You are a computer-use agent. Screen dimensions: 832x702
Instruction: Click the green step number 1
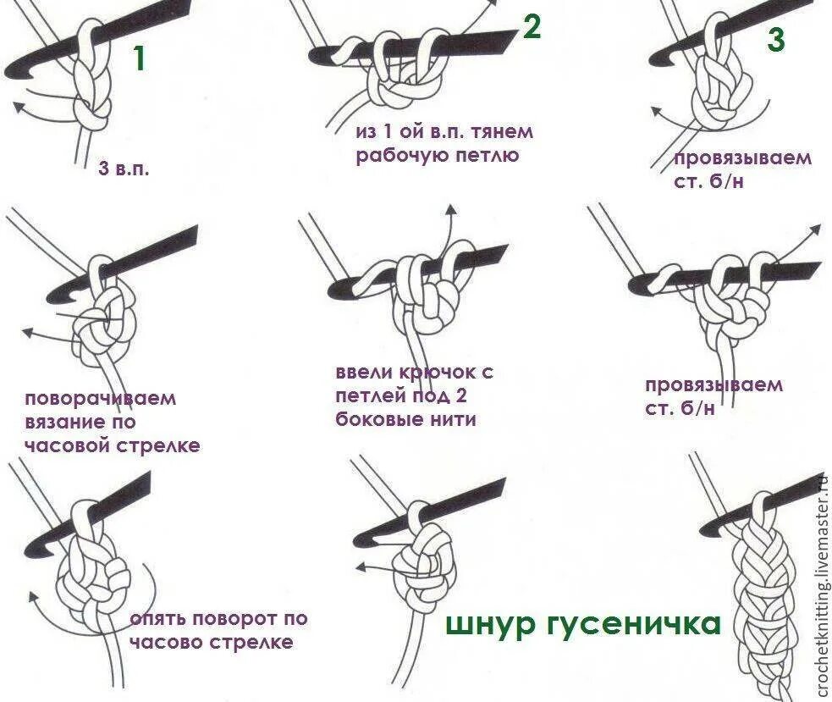(139, 58)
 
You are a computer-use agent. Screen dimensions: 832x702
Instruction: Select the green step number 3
(776, 39)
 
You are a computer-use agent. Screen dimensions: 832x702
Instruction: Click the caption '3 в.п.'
(124, 169)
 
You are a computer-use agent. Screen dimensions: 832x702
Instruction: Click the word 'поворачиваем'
(100, 398)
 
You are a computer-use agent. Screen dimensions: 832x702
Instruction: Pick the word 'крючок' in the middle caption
(437, 373)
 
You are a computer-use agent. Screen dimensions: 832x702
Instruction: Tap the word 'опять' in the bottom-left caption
(156, 619)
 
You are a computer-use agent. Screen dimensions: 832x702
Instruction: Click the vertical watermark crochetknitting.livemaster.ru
(823, 585)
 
